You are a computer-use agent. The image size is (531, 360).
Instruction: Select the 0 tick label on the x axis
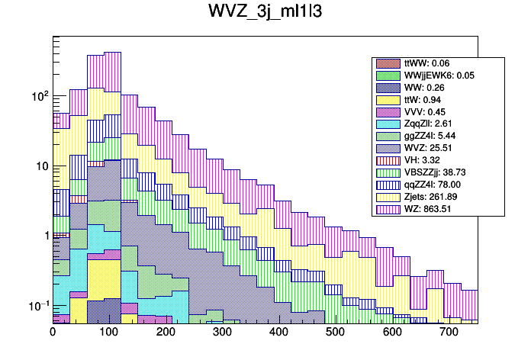pos(53,333)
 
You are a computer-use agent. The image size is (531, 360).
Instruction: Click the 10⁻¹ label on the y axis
pos(38,306)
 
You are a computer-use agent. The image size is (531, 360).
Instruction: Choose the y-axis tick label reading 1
pos(45,236)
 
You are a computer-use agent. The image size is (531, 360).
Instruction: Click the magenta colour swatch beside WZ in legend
pos(387,209)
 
